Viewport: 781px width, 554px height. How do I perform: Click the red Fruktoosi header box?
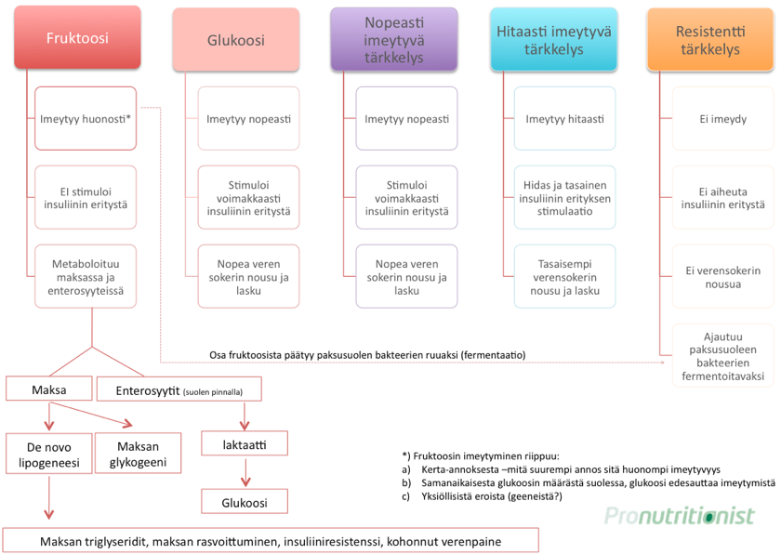tap(77, 37)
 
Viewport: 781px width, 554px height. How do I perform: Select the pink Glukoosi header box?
tap(235, 40)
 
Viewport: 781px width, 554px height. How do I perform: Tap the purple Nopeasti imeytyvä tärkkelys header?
tap(394, 39)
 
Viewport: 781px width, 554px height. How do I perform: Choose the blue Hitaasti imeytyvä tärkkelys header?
tap(553, 39)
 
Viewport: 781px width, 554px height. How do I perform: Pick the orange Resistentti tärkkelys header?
tap(710, 39)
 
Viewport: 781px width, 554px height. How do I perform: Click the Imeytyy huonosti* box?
tap(86, 118)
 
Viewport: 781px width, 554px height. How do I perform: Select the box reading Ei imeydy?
tap(722, 118)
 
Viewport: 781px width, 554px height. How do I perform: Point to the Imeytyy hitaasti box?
tap(565, 118)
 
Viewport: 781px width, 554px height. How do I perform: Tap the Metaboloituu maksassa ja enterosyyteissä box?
tap(86, 276)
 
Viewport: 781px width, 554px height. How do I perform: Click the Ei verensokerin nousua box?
tap(722, 276)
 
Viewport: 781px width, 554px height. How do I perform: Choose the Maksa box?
tap(48, 389)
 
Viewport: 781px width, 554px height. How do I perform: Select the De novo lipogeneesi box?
tap(48, 454)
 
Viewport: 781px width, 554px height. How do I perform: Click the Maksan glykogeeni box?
tap(138, 453)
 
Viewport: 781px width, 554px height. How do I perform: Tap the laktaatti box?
tap(245, 443)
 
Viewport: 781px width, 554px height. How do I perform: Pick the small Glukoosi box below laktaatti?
tap(245, 501)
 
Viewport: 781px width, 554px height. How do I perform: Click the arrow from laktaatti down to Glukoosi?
tap(245, 473)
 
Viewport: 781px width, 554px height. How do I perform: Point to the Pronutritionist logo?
tap(680, 515)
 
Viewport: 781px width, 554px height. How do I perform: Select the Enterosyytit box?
tap(179, 389)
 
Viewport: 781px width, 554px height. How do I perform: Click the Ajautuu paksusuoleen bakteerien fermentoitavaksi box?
tap(722, 355)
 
